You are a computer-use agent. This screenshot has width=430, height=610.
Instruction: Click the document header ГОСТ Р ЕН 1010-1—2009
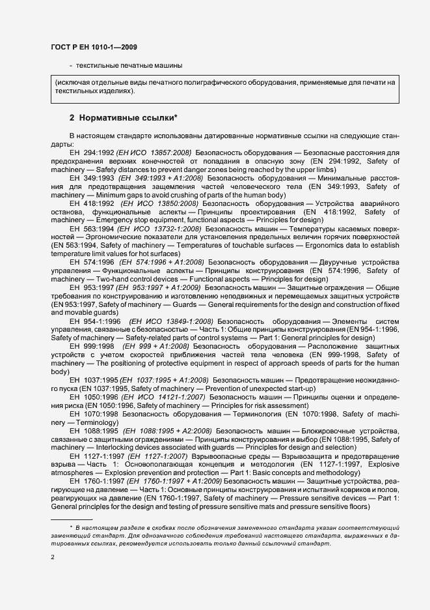click(x=93, y=48)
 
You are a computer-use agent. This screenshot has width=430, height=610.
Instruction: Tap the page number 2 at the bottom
click(x=53, y=557)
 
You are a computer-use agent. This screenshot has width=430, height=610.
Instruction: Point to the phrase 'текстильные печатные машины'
click(x=129, y=65)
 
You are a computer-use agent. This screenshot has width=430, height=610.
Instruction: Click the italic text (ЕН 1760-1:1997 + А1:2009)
click(x=169, y=481)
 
